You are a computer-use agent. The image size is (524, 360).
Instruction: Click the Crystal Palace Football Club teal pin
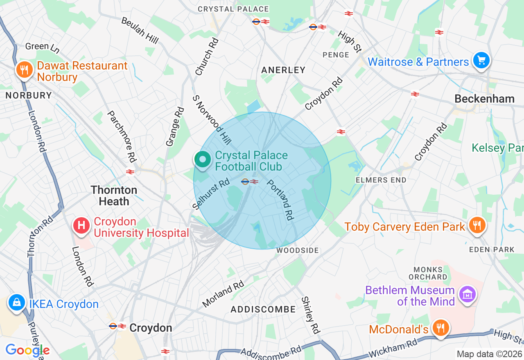[x=202, y=160]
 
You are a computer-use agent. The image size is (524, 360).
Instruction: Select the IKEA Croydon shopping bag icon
[x=17, y=303]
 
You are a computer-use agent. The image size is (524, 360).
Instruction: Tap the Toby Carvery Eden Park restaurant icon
[x=477, y=225]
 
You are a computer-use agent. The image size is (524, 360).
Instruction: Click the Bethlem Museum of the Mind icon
[x=467, y=294]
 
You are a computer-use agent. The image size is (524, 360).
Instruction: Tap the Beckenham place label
[x=484, y=99]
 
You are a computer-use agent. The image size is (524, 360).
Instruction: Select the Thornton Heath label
[x=114, y=196]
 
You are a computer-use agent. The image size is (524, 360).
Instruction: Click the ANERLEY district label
[x=283, y=70]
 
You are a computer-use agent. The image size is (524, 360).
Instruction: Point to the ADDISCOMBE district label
[x=263, y=309]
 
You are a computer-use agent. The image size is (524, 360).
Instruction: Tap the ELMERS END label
[x=381, y=180]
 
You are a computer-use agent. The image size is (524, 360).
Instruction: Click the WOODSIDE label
[x=298, y=250]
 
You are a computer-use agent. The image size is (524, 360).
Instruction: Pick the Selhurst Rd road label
[x=211, y=194]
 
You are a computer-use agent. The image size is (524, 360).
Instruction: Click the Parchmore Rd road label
[x=122, y=136]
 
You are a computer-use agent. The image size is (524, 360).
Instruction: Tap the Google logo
[x=27, y=350]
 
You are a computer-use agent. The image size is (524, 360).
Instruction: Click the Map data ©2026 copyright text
[x=489, y=354]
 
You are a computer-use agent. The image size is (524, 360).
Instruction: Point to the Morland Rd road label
[x=223, y=294]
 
